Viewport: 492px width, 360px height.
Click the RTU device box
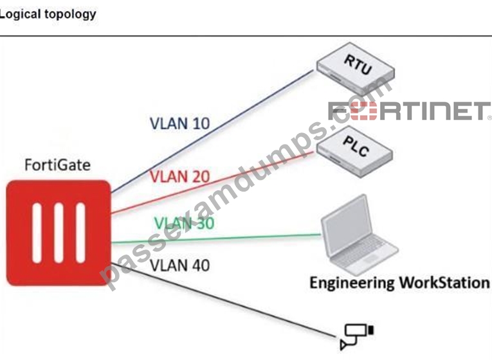click(x=356, y=69)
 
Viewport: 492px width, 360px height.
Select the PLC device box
click(x=354, y=152)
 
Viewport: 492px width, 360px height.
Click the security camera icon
click(x=357, y=336)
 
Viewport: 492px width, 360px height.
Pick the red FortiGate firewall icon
click(x=59, y=233)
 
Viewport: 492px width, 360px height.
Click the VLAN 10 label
click(x=180, y=123)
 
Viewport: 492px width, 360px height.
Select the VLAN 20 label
click(x=180, y=176)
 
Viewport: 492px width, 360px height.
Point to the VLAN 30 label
click(x=185, y=223)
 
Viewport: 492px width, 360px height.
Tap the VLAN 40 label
click(x=180, y=265)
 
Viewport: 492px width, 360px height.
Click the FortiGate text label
click(x=58, y=165)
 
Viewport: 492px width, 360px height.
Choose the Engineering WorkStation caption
click(x=400, y=283)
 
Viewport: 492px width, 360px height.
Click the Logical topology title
click(x=48, y=14)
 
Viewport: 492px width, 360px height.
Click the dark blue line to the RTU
click(x=212, y=131)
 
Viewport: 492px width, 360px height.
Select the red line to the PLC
click(x=212, y=183)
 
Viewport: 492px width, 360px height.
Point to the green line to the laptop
click(x=216, y=239)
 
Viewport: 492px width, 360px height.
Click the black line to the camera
click(x=223, y=300)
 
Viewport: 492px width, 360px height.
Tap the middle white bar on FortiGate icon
click(x=59, y=233)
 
